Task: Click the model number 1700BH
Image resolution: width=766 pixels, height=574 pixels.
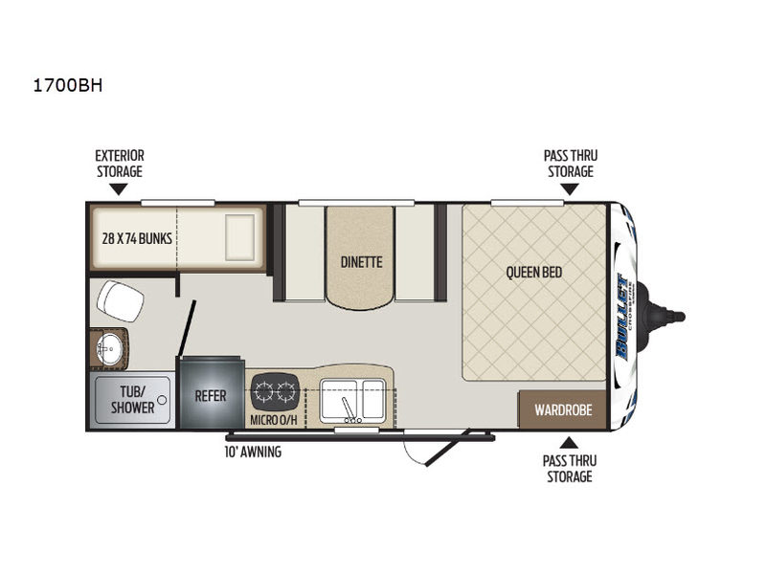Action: [67, 85]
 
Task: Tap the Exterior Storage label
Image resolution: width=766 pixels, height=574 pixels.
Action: [120, 164]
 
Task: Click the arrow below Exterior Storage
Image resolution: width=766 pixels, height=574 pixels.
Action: [119, 189]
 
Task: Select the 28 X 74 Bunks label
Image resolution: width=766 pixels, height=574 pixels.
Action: [137, 238]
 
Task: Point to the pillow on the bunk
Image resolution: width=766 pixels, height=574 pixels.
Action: [240, 237]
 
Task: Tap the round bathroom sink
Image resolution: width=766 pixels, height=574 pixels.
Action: [109, 349]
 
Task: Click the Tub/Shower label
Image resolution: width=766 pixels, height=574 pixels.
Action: [132, 399]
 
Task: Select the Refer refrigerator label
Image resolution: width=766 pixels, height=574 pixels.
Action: [211, 396]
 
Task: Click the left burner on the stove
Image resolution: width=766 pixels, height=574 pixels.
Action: [264, 391]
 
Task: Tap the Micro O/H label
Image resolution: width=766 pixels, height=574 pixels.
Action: [274, 420]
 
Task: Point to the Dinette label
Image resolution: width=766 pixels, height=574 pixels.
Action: [362, 262]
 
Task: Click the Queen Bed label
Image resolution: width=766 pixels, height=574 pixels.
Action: [534, 272]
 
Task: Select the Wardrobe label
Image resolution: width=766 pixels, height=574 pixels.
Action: [563, 410]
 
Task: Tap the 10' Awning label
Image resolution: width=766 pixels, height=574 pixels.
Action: [253, 452]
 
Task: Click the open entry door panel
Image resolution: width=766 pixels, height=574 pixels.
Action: [447, 448]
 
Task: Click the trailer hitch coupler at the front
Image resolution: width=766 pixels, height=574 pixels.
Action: [666, 317]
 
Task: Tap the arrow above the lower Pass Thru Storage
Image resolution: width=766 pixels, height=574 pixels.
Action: [569, 443]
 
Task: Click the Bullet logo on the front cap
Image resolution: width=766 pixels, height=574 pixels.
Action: [623, 318]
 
